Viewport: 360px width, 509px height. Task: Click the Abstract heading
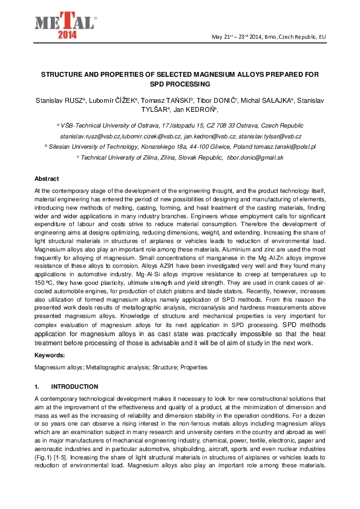tap(47, 180)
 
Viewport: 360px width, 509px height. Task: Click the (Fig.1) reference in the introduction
tap(45, 457)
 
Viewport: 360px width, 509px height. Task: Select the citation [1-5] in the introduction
tap(66, 457)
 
